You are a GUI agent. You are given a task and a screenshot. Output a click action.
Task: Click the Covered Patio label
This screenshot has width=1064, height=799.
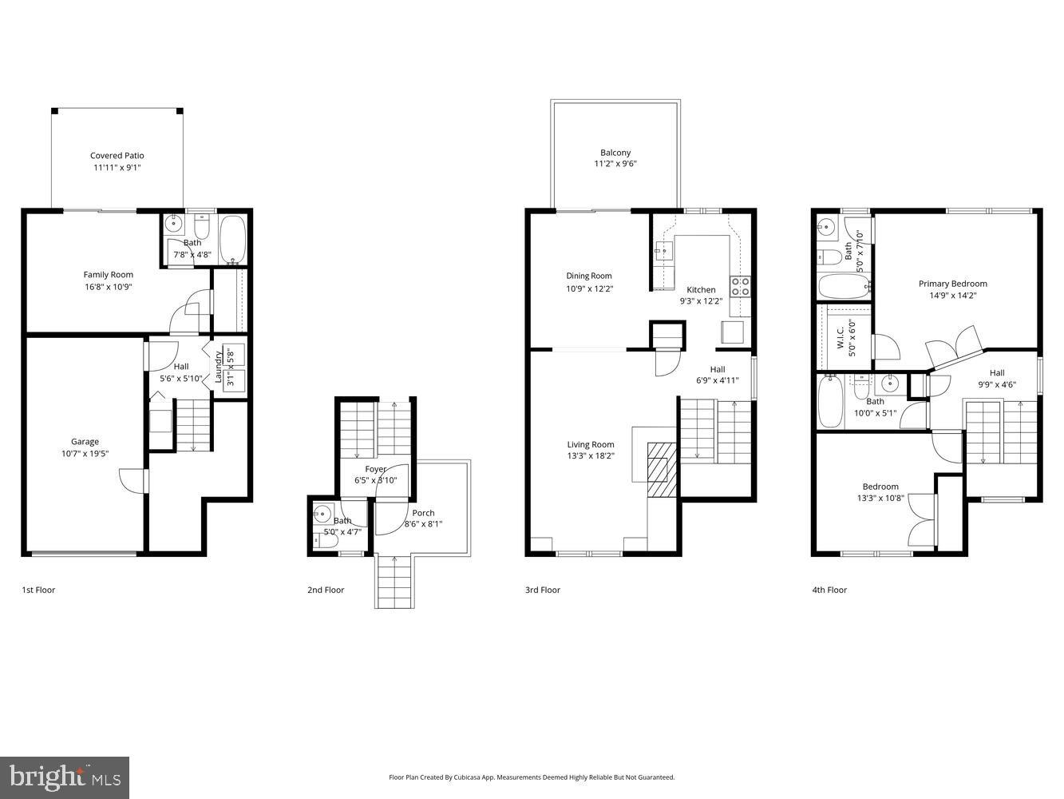click(x=117, y=156)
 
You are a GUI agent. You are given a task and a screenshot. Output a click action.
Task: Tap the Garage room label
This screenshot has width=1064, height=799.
click(x=85, y=442)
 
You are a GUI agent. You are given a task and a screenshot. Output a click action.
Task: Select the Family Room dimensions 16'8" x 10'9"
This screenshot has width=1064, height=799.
click(x=108, y=286)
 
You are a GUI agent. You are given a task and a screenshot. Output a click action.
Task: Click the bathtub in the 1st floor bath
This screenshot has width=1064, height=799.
click(x=233, y=239)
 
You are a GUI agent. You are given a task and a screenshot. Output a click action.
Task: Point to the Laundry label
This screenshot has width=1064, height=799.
click(x=218, y=367)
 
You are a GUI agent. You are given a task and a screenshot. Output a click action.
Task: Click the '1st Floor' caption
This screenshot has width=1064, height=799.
click(x=38, y=590)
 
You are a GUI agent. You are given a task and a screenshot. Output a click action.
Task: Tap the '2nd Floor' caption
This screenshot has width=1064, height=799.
click(x=326, y=590)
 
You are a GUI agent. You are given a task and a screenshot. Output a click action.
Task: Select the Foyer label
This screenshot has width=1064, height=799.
click(x=375, y=469)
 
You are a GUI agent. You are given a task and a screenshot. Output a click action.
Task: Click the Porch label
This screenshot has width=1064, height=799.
click(x=423, y=513)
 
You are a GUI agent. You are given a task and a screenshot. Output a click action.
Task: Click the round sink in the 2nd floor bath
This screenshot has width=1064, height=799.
click(x=322, y=513)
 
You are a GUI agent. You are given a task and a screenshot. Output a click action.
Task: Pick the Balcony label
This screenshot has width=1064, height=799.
click(x=615, y=153)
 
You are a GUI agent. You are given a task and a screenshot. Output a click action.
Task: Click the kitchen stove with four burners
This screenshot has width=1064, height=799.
click(x=740, y=286)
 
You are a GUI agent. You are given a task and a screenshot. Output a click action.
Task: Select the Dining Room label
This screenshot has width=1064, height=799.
click(x=589, y=276)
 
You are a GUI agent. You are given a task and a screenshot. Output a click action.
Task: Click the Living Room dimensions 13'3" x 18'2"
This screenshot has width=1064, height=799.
click(x=591, y=456)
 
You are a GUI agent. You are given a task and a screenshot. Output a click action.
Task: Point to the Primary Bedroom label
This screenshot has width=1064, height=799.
click(x=952, y=284)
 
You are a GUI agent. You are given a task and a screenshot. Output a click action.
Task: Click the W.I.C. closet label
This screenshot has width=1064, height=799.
click(x=841, y=342)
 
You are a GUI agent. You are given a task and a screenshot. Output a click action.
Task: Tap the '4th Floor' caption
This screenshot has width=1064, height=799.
click(x=829, y=590)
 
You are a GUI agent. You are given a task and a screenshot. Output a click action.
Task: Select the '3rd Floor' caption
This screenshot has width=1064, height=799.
click(x=543, y=590)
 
